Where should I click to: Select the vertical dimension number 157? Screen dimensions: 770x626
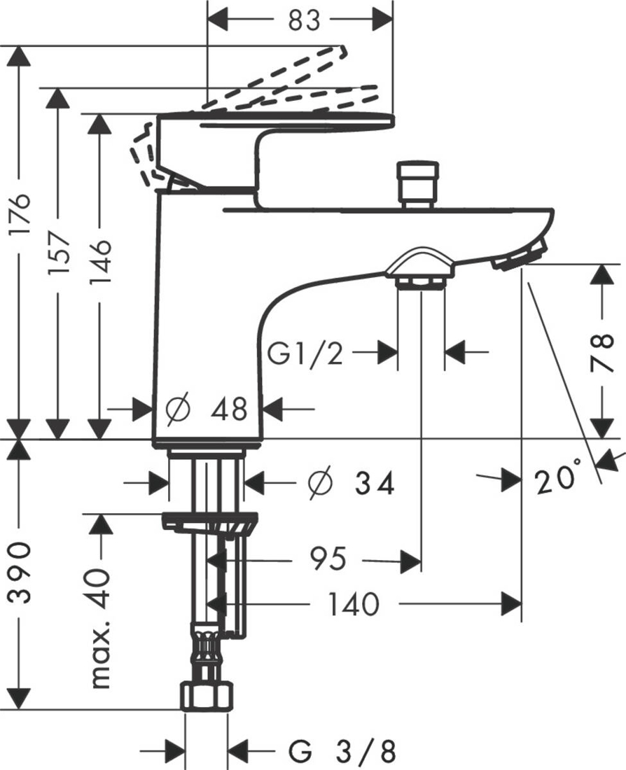pyautogui.click(x=61, y=251)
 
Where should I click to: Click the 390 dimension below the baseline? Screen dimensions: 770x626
pyautogui.click(x=23, y=573)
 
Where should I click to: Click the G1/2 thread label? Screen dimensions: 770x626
pyautogui.click(x=306, y=354)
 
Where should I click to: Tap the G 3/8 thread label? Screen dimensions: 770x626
pyautogui.click(x=343, y=752)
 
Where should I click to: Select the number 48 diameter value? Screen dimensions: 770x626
pyautogui.click(x=229, y=408)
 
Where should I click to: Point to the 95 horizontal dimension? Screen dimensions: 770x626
pyautogui.click(x=327, y=559)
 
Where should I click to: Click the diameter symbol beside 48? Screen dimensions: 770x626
pyautogui.click(x=179, y=408)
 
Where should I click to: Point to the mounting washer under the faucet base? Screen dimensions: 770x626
pyautogui.click(x=209, y=522)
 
